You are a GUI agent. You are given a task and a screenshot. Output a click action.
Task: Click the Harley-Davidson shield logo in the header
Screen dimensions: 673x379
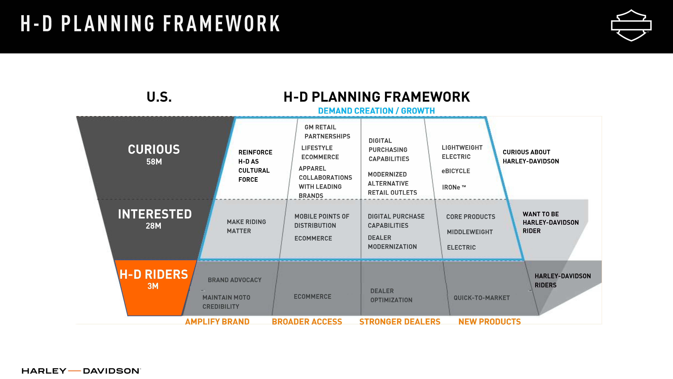[x=631, y=25]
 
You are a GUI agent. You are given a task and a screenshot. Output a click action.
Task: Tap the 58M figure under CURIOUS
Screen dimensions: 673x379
[x=154, y=162]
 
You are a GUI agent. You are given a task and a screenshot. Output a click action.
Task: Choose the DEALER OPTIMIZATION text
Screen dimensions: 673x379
[x=391, y=296]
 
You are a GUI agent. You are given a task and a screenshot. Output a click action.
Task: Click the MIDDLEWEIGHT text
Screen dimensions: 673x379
[x=470, y=232]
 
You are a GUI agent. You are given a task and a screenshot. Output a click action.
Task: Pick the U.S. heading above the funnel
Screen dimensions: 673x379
[x=159, y=97]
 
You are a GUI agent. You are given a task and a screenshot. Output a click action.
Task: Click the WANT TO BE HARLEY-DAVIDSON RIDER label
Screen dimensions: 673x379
[x=551, y=223]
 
